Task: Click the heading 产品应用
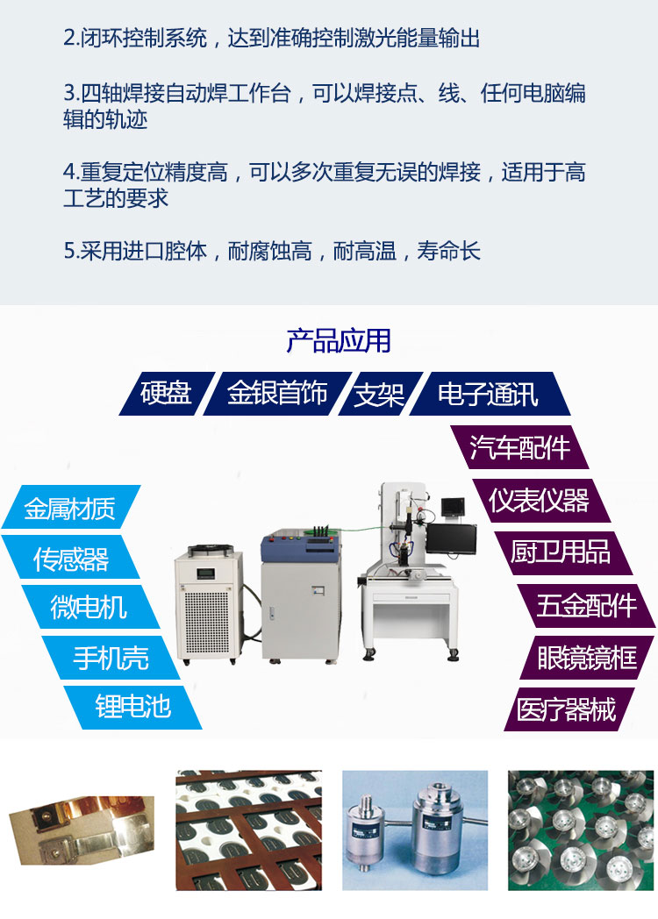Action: pyautogui.click(x=339, y=340)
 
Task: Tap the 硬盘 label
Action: pyautogui.click(x=167, y=394)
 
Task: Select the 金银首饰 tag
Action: pyautogui.click(x=277, y=394)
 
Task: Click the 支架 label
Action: pyautogui.click(x=379, y=394)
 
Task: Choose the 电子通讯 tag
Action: pyautogui.click(x=489, y=394)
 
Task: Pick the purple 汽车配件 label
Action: pyautogui.click(x=519, y=447)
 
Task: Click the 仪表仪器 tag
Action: pyautogui.click(x=540, y=501)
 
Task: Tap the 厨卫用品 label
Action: pyautogui.click(x=561, y=552)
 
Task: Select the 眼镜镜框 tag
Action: pyautogui.click(x=587, y=658)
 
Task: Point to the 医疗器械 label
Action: pyautogui.click(x=567, y=709)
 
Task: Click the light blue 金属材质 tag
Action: pyautogui.click(x=70, y=508)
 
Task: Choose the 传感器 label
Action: pyautogui.click(x=71, y=558)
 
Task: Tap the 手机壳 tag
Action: pyautogui.click(x=111, y=658)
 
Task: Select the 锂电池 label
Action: pyautogui.click(x=133, y=708)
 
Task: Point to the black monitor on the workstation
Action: pyautogui.click(x=451, y=538)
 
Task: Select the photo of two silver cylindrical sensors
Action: pyautogui.click(x=415, y=830)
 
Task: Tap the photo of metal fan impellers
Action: pyautogui.click(x=581, y=830)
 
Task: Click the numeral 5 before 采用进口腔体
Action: pyautogui.click(x=68, y=252)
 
